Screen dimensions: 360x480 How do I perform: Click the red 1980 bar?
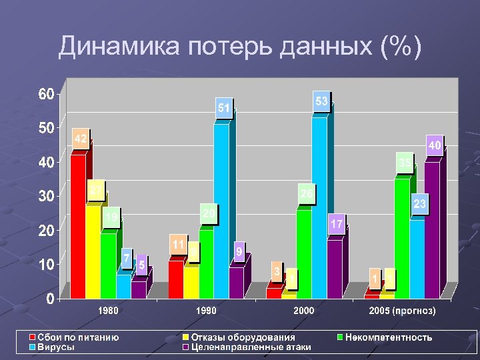click(78, 227)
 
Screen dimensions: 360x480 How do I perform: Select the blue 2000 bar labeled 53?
click(319, 207)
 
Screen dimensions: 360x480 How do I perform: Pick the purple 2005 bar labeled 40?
click(432, 230)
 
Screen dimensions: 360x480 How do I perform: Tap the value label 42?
click(80, 139)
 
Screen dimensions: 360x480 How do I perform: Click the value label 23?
click(420, 204)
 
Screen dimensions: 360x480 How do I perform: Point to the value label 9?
click(238, 251)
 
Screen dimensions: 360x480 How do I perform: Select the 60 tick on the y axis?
click(45, 94)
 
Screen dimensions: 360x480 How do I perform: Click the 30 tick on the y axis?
click(45, 197)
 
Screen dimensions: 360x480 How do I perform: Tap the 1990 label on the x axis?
click(206, 311)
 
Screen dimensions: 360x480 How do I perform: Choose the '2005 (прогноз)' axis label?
click(402, 311)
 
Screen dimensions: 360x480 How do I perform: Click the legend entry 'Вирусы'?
click(56, 347)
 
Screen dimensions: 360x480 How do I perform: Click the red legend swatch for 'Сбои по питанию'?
click(31, 337)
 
